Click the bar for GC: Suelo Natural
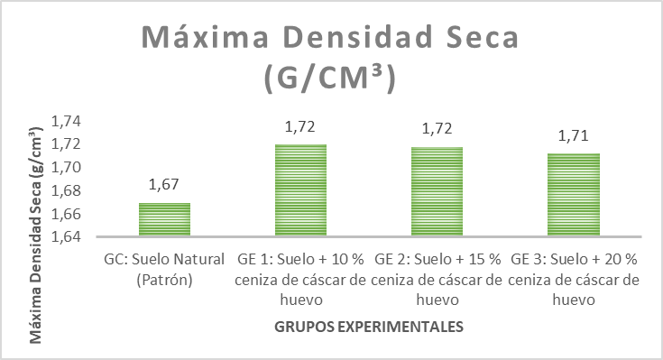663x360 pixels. coord(164,220)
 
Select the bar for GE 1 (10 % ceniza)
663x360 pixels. coord(300,190)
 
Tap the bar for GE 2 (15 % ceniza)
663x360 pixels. coord(437,191)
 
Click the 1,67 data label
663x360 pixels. coord(164,185)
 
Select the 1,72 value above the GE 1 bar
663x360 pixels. coord(300,126)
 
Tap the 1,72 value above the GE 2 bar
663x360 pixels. coord(437,129)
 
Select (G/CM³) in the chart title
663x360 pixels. coord(330,78)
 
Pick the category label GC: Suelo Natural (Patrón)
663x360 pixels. coord(164,269)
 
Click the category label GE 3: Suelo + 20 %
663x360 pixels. coord(574,260)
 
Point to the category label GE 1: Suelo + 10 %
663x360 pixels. coord(300,260)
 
